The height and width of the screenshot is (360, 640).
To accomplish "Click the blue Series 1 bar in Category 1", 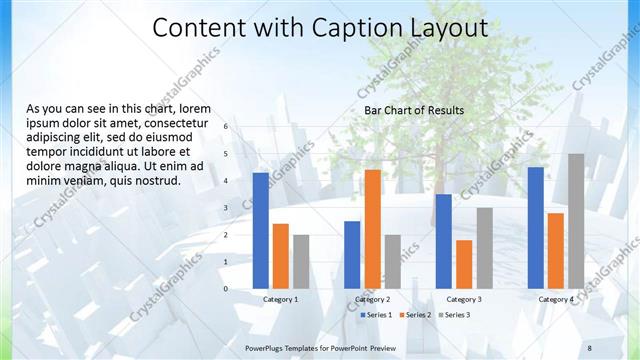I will point(261,230).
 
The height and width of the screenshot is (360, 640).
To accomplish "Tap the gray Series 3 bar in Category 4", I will point(576,221).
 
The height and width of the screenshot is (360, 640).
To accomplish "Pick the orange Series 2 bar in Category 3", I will point(464,264).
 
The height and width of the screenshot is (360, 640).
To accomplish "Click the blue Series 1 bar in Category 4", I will point(535,227).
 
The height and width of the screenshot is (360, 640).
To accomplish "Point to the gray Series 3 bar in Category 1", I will point(301,261).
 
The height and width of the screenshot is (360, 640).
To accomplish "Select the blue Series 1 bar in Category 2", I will point(352,254).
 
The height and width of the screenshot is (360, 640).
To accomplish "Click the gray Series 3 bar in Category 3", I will point(484,248).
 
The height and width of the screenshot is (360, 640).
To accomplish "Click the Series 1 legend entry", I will point(375,315).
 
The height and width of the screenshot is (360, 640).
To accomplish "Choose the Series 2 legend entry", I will point(414,315).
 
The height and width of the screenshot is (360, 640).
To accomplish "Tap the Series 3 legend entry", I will point(453,315).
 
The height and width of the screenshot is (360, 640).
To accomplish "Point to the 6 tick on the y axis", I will point(226,127).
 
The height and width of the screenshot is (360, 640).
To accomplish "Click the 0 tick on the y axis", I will point(226,289).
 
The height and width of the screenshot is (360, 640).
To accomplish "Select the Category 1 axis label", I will point(281,299).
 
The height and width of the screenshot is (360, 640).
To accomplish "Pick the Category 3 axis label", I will point(464,299).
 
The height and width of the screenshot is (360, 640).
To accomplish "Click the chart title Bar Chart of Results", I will point(414,110).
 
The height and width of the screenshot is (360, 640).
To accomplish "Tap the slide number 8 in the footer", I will point(589,346).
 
